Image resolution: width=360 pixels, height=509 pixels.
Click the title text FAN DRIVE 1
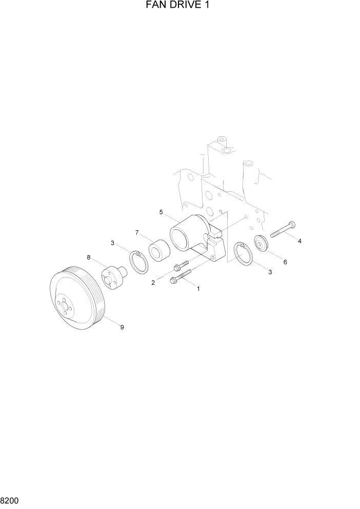(179, 6)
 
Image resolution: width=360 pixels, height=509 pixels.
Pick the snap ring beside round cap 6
(243, 254)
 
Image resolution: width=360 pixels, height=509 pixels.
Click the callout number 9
(122, 327)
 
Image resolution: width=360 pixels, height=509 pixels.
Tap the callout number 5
(161, 212)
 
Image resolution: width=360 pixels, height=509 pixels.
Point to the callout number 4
(299, 241)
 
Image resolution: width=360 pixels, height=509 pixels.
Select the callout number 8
(88, 257)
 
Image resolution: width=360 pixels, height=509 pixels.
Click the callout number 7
(137, 232)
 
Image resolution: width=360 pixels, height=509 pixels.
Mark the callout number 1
(198, 288)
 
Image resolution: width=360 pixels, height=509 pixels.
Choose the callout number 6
(285, 262)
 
